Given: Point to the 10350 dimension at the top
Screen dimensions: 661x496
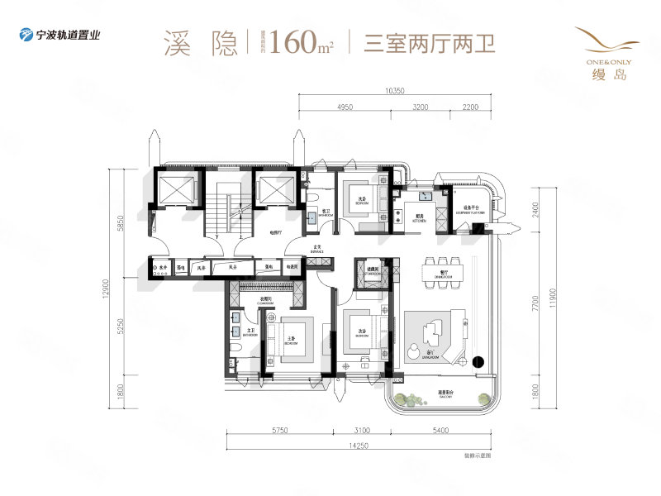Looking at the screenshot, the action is (x=393, y=92).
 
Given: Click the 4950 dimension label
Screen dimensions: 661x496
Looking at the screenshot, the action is (x=345, y=107).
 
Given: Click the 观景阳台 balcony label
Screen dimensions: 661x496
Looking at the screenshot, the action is (x=447, y=394).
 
